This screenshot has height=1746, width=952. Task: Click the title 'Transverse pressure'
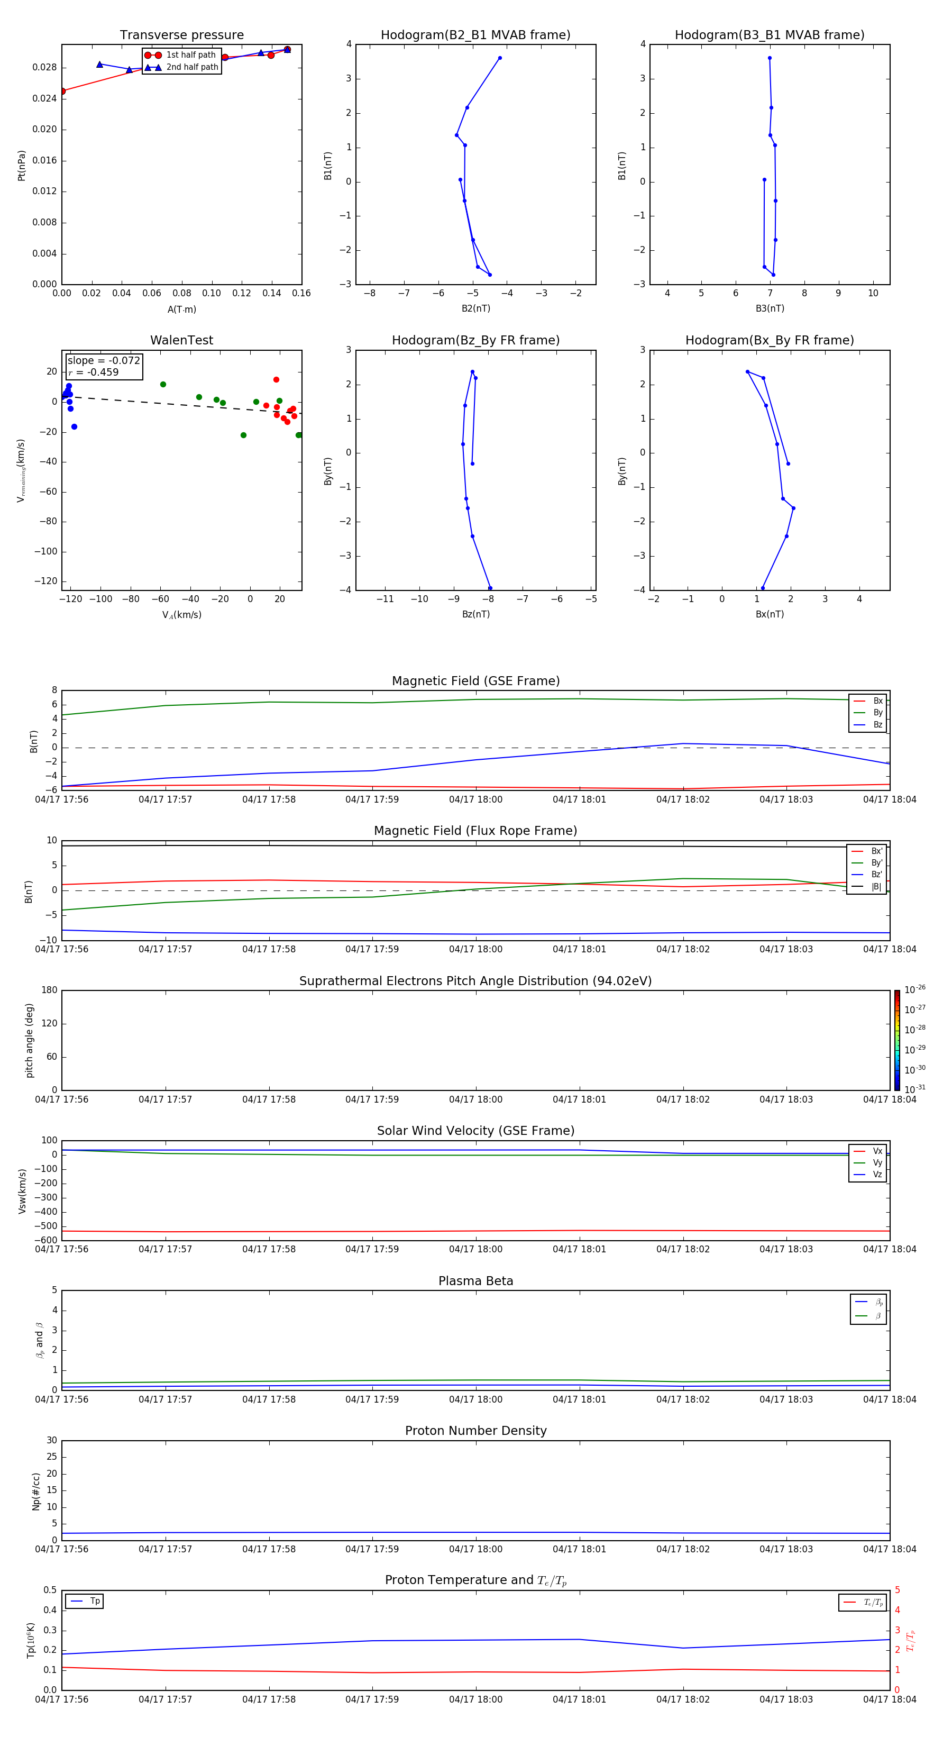[181, 35]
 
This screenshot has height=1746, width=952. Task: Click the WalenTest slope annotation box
[104, 366]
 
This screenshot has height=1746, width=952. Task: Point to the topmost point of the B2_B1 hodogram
[500, 58]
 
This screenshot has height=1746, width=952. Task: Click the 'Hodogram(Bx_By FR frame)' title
[769, 340]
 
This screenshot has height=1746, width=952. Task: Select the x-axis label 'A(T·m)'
[181, 310]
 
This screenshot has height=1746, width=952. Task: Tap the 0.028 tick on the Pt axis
[45, 68]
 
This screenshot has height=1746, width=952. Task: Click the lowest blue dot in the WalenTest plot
[75, 427]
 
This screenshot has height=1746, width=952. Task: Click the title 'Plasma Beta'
[475, 1281]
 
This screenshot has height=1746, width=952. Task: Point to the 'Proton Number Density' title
[475, 1431]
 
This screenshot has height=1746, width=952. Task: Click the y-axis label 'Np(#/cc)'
[36, 1491]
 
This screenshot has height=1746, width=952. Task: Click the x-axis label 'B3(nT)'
[770, 308]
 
